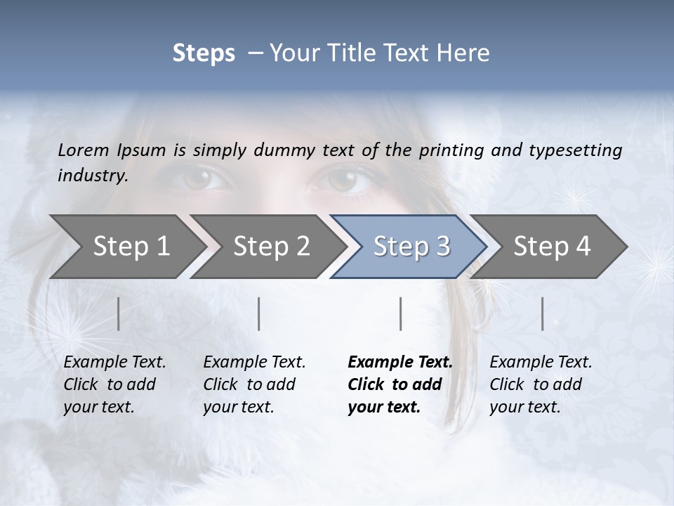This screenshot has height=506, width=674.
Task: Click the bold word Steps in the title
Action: [x=204, y=53]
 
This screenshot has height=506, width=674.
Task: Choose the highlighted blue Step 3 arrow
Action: [x=411, y=246]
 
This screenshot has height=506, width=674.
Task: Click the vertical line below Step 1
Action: [x=119, y=313]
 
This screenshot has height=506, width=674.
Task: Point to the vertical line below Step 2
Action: [x=259, y=313]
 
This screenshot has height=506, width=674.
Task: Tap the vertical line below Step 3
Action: [x=401, y=313]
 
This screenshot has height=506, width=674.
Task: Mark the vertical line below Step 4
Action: [x=543, y=313]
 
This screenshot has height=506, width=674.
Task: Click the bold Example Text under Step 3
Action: [x=400, y=384]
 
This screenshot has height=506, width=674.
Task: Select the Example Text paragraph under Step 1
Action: [x=114, y=384]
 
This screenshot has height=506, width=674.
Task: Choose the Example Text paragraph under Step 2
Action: [x=254, y=384]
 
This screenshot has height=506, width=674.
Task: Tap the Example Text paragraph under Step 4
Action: [x=541, y=384]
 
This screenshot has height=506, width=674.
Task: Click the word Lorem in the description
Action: [x=83, y=150]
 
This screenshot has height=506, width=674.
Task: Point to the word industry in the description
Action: [x=93, y=176]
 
